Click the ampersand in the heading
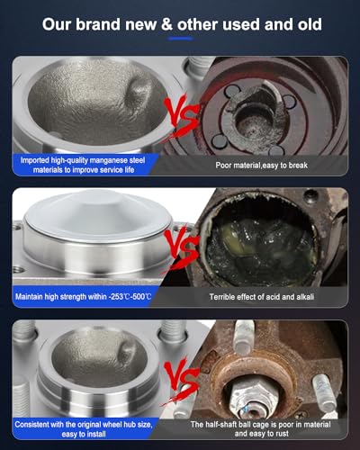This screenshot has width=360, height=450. coord(166,24)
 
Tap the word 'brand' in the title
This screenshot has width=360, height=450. coord(98,24)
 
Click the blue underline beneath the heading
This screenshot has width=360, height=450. coord(181,39)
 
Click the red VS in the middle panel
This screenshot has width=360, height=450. coord(181,249)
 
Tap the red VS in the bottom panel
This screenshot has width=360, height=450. coord(181,380)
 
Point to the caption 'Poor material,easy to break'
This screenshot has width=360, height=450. coord(262,165)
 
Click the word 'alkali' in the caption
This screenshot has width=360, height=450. coord(305,297)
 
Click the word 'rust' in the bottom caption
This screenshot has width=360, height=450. coord(282,434)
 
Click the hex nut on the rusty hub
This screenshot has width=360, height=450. coord(252,398)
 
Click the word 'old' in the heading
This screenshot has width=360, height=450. coord(310,24)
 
